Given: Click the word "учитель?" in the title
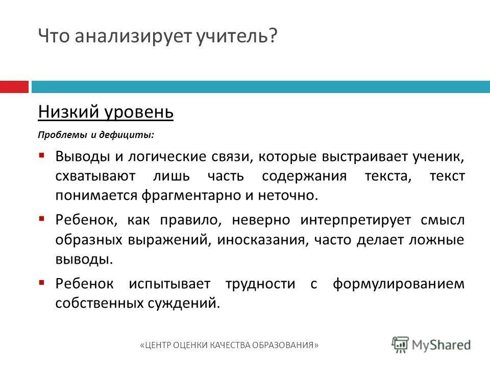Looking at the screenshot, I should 237,36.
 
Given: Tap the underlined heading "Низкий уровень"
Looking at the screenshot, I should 106,111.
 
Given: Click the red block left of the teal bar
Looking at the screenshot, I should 14,86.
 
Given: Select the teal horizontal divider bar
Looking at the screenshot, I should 260,86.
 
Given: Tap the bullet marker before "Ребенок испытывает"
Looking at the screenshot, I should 42,283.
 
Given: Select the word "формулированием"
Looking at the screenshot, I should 399,284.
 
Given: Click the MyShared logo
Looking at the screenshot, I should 431,344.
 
